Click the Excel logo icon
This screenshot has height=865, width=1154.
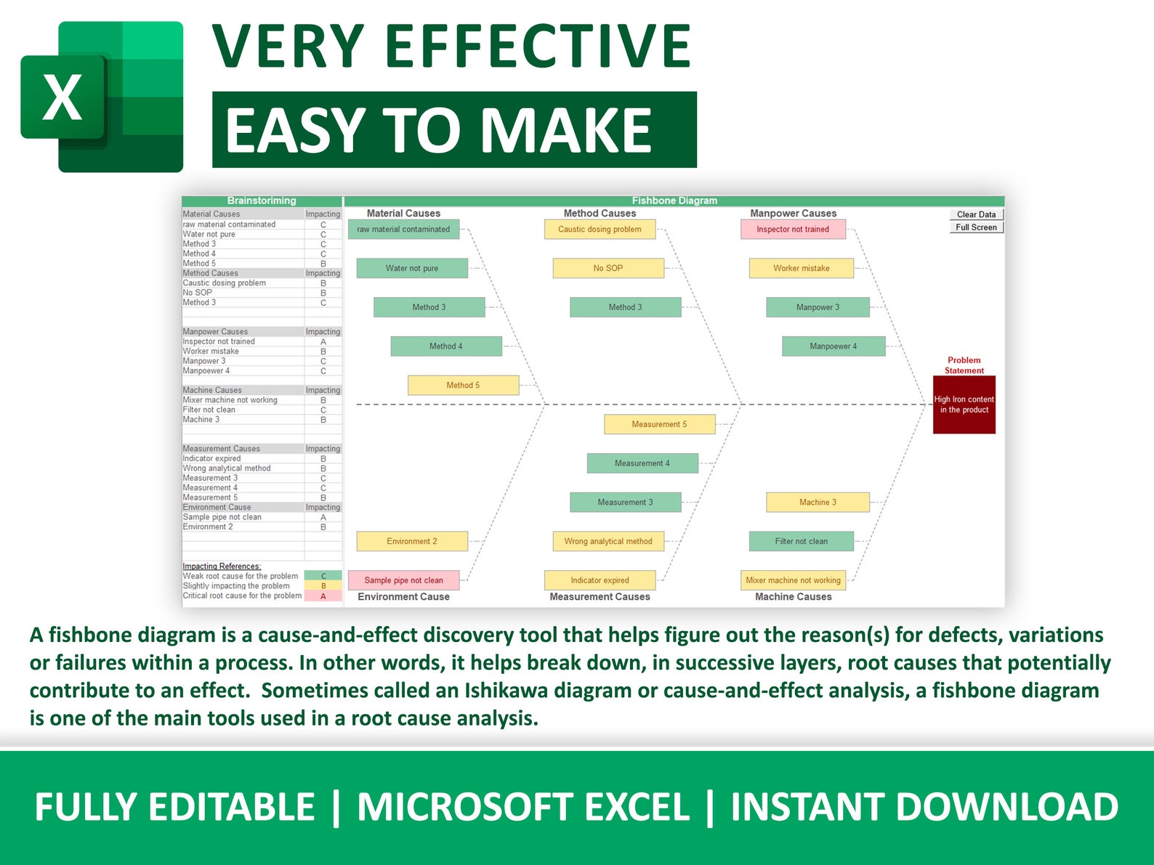102,97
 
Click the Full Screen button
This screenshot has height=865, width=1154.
976,227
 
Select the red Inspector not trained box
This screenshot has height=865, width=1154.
793,230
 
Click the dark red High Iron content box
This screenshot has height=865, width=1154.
964,405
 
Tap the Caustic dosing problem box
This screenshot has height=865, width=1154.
600,230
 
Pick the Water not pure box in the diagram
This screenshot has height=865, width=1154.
411,269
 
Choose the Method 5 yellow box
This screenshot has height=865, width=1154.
463,386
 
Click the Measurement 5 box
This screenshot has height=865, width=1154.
659,424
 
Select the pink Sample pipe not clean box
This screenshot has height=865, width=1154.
403,580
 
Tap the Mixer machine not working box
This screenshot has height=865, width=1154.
793,580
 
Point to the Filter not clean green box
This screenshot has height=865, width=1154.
801,541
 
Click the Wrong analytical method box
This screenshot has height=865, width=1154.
608,541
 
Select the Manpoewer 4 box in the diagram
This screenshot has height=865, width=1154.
833,346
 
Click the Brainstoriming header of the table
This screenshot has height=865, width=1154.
262,201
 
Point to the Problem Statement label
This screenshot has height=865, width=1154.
964,365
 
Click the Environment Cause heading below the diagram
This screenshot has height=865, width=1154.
403,597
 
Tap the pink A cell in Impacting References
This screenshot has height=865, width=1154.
323,596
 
